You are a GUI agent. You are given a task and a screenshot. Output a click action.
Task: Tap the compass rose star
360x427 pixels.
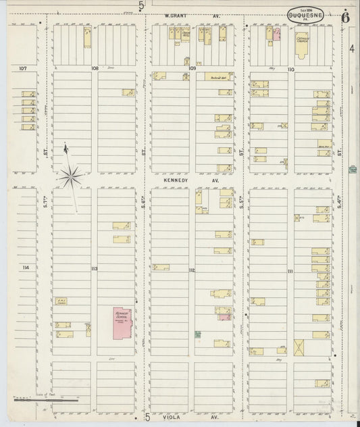point(70,177)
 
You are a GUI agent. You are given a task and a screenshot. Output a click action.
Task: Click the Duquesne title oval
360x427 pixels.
point(305,14)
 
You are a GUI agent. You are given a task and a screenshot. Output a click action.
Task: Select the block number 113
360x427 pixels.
point(94,269)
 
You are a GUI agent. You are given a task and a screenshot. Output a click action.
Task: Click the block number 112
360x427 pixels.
point(192,270)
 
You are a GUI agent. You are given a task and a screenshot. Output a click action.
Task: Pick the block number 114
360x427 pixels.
point(26,268)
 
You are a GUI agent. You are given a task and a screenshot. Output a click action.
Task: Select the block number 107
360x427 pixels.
point(22,68)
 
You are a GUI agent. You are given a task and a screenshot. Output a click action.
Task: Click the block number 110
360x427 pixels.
point(290,70)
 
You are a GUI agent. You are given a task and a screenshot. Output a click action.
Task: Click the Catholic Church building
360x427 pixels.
point(301,43)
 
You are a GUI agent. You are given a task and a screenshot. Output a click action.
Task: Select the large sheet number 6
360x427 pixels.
point(344,17)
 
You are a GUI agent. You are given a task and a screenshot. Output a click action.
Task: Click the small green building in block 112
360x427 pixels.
point(198,334)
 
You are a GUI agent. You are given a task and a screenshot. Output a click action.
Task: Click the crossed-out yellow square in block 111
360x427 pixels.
point(300,347)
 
